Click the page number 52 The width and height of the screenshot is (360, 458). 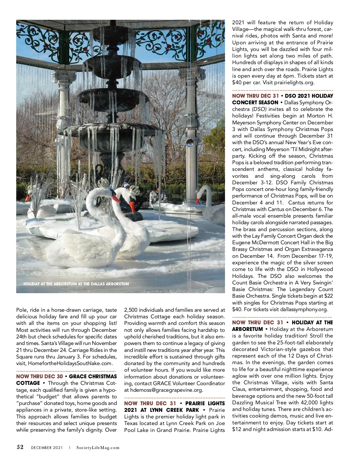[x=20, y=447]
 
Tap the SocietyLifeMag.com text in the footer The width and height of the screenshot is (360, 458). [x=98, y=448]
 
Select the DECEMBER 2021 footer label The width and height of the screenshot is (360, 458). [x=47, y=448]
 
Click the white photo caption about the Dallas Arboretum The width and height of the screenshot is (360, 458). [x=76, y=284]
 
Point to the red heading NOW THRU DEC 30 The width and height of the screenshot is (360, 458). [x=40, y=376]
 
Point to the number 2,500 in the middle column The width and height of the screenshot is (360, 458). [x=131, y=310]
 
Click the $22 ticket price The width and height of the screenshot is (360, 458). [x=328, y=296]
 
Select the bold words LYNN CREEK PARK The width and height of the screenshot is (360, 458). [x=175, y=410]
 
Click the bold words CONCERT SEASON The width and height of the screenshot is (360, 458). [x=255, y=103]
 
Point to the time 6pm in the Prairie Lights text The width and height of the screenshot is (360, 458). [x=289, y=76]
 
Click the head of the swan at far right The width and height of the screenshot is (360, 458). [x=201, y=195]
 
